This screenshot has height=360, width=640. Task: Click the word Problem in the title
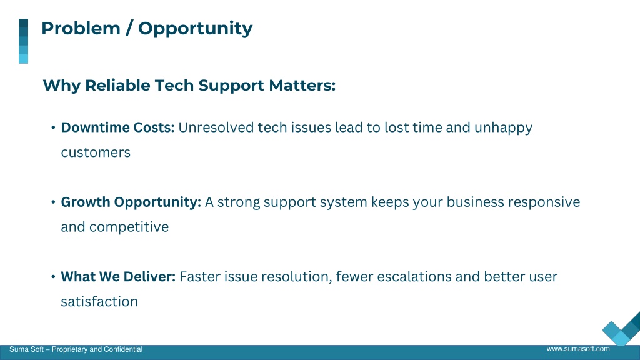pyautogui.click(x=81, y=29)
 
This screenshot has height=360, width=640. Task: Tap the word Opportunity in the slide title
pyautogui.click(x=195, y=29)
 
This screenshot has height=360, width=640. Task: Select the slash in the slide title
pyautogui.click(x=129, y=29)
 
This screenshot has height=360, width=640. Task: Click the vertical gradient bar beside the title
pyautogui.click(x=23, y=41)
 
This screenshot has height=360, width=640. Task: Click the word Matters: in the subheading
pyautogui.click(x=302, y=85)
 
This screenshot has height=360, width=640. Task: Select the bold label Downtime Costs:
pyautogui.click(x=117, y=127)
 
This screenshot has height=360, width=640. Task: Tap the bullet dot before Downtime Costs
pyautogui.click(x=53, y=127)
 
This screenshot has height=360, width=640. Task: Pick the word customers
pyautogui.click(x=96, y=152)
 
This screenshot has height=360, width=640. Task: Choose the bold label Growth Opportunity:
pyautogui.click(x=131, y=202)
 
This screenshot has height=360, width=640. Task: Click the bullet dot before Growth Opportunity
pyautogui.click(x=53, y=202)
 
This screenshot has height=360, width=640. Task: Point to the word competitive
pyautogui.click(x=129, y=227)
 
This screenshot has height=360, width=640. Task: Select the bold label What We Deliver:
pyautogui.click(x=118, y=277)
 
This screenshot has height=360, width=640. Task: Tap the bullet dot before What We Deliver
pyautogui.click(x=53, y=277)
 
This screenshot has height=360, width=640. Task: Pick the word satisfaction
pyautogui.click(x=99, y=302)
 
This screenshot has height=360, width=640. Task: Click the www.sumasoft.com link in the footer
pyautogui.click(x=578, y=349)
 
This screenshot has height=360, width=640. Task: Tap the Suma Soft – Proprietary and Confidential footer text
pyautogui.click(x=76, y=349)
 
